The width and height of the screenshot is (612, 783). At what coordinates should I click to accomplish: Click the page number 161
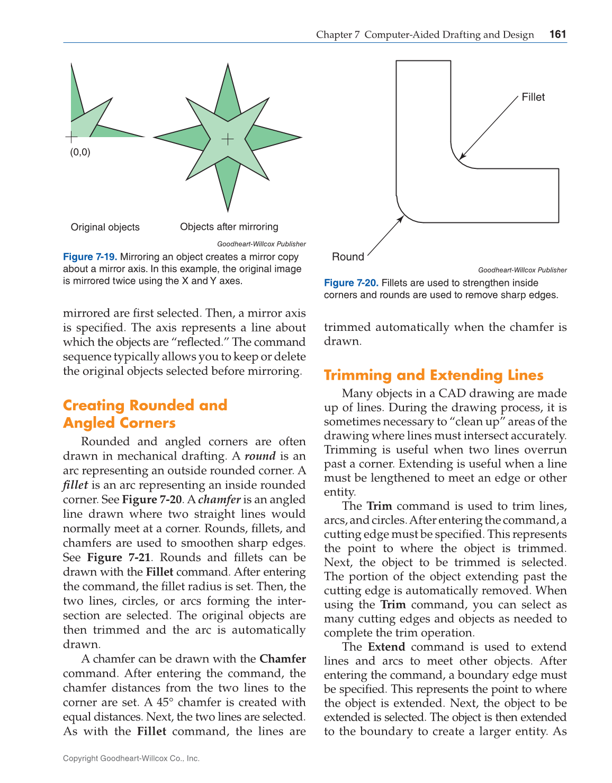[558, 34]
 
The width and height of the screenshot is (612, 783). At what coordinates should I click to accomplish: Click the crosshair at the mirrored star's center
[228, 139]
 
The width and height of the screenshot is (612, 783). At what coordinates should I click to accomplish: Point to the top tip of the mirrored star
[228, 65]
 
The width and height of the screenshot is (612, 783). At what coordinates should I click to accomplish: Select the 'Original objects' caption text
[105, 227]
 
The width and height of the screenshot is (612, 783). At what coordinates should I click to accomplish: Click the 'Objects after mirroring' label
[229, 227]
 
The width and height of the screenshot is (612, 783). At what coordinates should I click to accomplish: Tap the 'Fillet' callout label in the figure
[533, 97]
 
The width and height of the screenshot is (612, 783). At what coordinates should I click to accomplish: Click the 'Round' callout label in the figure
[348, 257]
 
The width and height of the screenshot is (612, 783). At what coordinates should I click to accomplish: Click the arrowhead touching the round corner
[401, 219]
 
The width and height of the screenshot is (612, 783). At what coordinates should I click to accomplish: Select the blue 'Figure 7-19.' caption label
[89, 257]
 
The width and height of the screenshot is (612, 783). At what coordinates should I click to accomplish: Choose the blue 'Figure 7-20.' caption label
[350, 283]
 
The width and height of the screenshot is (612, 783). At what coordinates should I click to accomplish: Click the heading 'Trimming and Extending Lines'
[433, 375]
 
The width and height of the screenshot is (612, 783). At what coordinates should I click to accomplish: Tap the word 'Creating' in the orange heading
[94, 405]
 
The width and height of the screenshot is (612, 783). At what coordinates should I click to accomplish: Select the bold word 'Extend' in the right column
[386, 646]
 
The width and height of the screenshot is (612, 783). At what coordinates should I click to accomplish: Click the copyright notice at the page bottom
[131, 758]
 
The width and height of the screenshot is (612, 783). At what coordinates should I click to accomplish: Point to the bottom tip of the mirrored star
[228, 211]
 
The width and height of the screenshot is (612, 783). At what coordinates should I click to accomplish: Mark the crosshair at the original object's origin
[71, 138]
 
